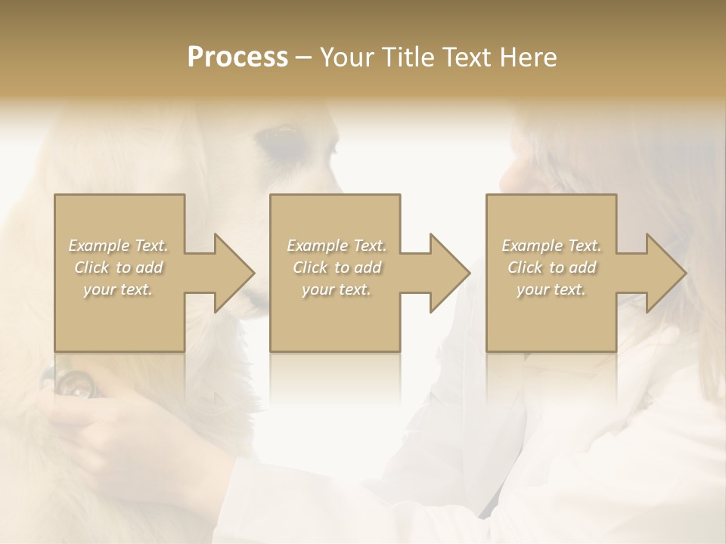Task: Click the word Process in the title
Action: (x=237, y=57)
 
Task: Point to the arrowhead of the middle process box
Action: (x=451, y=273)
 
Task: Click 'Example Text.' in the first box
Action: (x=119, y=246)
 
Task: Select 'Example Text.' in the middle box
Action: (x=337, y=246)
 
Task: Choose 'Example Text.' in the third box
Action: (x=551, y=246)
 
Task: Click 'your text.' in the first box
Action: (x=118, y=289)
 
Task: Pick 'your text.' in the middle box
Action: (x=337, y=289)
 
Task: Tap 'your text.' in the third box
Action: (x=551, y=289)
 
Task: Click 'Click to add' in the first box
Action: (x=119, y=267)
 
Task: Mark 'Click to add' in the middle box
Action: (x=337, y=267)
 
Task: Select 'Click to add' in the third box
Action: (x=551, y=267)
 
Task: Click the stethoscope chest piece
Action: (x=76, y=385)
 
